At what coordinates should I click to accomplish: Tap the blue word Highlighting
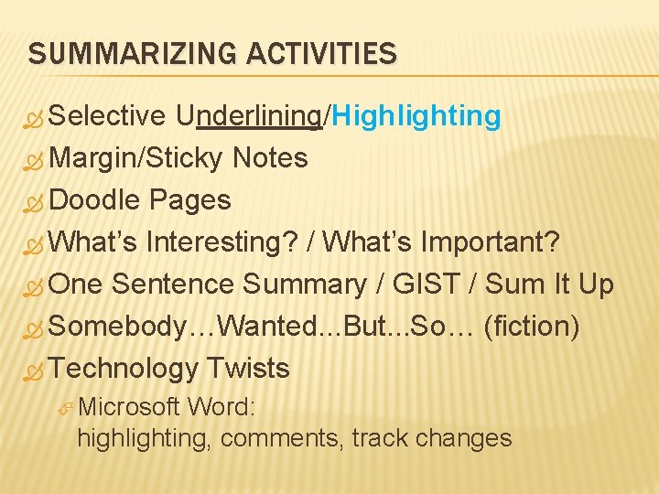tap(416, 116)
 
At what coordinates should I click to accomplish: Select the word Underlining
tap(249, 116)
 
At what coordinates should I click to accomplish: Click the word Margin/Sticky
tap(137, 158)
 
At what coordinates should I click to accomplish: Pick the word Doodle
tap(95, 199)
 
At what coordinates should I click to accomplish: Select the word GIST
tap(426, 285)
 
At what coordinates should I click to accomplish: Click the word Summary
tap(305, 285)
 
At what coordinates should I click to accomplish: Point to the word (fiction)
tap(531, 327)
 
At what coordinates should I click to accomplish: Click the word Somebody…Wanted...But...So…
tap(261, 327)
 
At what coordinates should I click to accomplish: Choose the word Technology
tap(124, 369)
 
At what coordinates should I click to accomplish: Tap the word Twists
tap(248, 369)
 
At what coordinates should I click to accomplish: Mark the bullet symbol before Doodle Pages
tap(35, 201)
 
